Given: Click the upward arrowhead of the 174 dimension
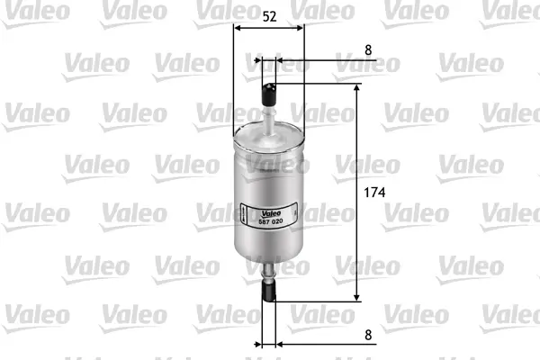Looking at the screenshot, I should coord(357,91).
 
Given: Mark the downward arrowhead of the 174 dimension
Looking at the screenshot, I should coord(357,296).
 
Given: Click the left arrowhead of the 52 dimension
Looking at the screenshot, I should coord(238,27).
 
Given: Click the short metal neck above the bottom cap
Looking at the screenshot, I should coord(270,271).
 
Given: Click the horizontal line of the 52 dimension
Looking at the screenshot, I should coord(268,27).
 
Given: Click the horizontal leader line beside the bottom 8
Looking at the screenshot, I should coord(324,343).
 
